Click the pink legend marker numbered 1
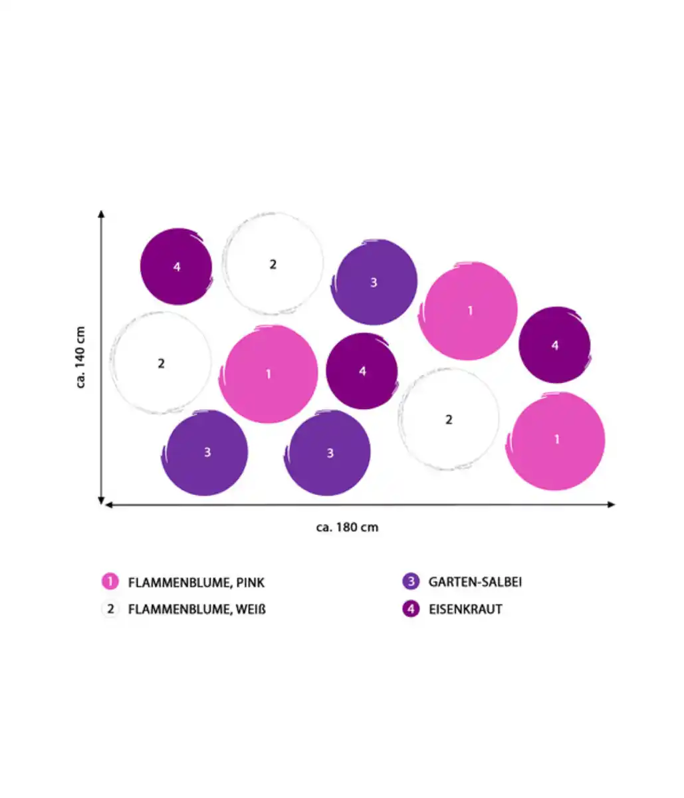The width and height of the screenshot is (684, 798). [110, 582]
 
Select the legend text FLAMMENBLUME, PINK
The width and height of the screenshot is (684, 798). [196, 583]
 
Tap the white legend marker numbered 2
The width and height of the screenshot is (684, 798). [110, 608]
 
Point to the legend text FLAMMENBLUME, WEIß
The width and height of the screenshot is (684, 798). [197, 609]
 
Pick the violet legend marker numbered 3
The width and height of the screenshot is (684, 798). [411, 582]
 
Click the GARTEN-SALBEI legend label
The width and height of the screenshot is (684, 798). [475, 582]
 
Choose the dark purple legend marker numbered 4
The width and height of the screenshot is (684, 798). [411, 608]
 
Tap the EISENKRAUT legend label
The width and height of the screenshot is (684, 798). [465, 609]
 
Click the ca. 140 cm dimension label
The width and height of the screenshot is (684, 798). [80, 357]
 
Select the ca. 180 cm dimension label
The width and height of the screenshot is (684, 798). [347, 527]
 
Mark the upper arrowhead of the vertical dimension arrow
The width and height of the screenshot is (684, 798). [101, 214]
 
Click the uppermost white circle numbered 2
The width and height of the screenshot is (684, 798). [273, 264]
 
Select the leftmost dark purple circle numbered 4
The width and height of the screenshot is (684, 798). [176, 267]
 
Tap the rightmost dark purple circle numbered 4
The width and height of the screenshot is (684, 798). [554, 345]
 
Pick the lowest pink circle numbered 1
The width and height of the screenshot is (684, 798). [556, 440]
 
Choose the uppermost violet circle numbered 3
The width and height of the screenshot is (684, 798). [374, 282]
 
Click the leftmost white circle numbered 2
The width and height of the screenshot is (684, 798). [161, 363]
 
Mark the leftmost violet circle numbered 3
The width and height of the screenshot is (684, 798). [207, 453]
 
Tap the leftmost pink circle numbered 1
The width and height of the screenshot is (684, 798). [269, 374]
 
